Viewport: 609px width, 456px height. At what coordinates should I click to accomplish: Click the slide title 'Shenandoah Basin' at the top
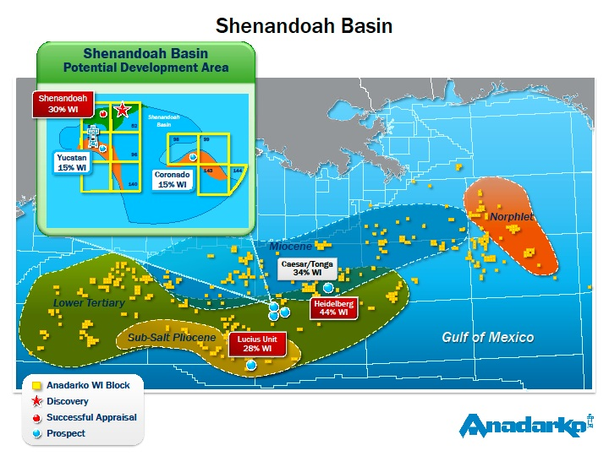(x=304, y=25)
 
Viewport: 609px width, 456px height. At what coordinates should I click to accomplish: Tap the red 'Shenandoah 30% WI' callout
(x=63, y=104)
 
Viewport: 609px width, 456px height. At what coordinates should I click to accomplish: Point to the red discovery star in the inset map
(x=123, y=109)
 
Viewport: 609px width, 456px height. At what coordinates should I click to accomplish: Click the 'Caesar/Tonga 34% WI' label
(x=306, y=269)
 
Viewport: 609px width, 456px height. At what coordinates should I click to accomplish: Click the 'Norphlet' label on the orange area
(x=511, y=217)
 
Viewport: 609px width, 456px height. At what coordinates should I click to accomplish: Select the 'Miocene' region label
(x=290, y=247)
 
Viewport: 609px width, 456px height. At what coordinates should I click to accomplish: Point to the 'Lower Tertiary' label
(x=89, y=302)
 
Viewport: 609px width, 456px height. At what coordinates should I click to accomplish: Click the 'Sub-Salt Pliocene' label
(x=172, y=338)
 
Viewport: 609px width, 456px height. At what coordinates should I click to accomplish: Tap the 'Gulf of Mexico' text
(x=487, y=337)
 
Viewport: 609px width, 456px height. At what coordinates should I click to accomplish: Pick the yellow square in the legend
(x=37, y=385)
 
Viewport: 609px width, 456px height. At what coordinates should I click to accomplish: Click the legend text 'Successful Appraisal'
(x=91, y=417)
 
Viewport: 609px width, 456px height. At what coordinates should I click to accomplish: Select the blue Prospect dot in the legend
(x=37, y=433)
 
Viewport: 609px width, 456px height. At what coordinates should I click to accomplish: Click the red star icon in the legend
(x=37, y=401)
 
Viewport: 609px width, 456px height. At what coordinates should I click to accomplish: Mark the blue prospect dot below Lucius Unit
(x=251, y=365)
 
